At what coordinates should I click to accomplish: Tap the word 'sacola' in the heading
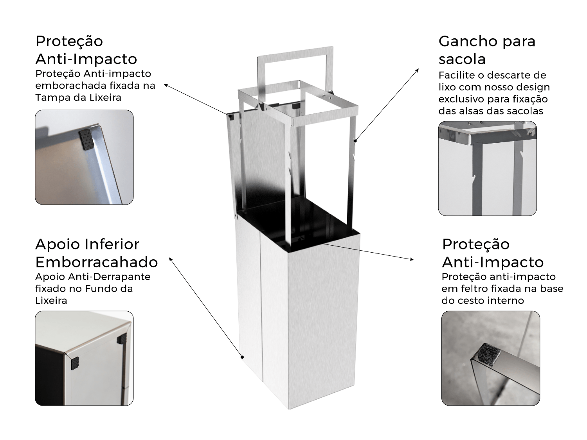click(462, 59)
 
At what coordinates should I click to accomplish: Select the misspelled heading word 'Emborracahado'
click(97, 262)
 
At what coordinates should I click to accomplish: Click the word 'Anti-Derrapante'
click(109, 277)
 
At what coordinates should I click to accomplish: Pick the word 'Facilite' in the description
click(457, 75)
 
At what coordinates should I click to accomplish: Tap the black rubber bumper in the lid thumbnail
click(86, 140)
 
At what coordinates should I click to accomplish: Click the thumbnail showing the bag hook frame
click(487, 168)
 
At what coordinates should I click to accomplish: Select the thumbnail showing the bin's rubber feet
click(84, 358)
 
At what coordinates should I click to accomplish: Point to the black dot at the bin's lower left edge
click(242, 357)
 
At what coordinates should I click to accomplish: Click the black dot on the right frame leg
click(355, 141)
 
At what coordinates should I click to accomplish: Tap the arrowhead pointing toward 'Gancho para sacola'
click(417, 70)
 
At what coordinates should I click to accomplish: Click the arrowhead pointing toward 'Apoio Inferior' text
click(170, 259)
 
